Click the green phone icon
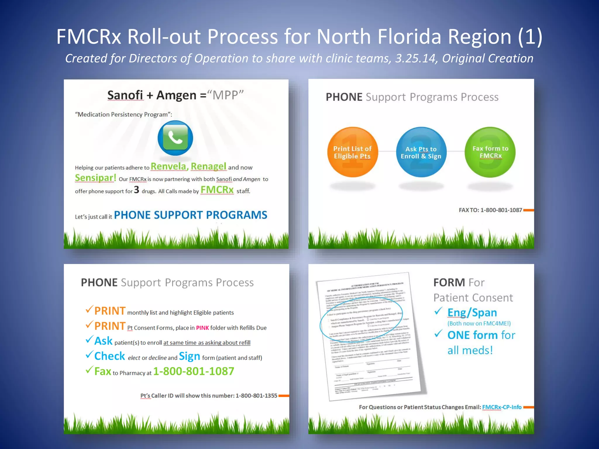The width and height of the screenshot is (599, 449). coord(175,138)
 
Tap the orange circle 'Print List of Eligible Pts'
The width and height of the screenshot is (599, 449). coord(352,152)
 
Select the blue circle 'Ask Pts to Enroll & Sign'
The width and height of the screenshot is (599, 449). coord(421,152)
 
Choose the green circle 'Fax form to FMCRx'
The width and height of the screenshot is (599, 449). coord(490,152)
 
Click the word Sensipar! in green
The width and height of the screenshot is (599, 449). coord(95,178)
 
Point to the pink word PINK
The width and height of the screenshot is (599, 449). coord(202,328)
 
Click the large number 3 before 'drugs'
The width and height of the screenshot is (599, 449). coord(136,190)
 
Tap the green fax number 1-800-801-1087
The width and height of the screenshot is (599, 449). coord(194,371)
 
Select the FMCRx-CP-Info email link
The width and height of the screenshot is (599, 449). coord(502,407)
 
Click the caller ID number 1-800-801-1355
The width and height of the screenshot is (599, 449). coord(256,396)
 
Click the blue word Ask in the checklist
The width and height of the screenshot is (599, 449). coord(103,341)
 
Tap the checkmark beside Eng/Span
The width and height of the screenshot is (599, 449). coord(438,311)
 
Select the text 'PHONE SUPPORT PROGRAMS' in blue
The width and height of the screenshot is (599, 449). coord(190,215)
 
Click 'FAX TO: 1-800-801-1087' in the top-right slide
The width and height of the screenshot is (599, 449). coord(490,210)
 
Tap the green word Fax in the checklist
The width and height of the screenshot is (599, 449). coord(103,371)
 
